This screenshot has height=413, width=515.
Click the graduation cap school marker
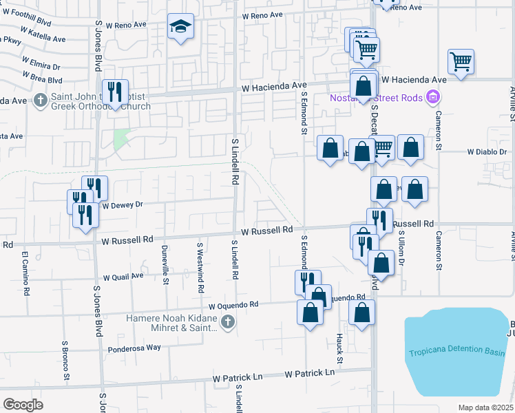[x=180, y=28]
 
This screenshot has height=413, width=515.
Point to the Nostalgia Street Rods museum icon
[x=433, y=97]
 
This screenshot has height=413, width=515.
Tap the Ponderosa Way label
[x=134, y=348]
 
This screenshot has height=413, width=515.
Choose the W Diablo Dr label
[x=487, y=151]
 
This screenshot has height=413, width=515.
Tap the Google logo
[x=23, y=405]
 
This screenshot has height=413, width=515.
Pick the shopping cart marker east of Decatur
[x=461, y=61]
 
